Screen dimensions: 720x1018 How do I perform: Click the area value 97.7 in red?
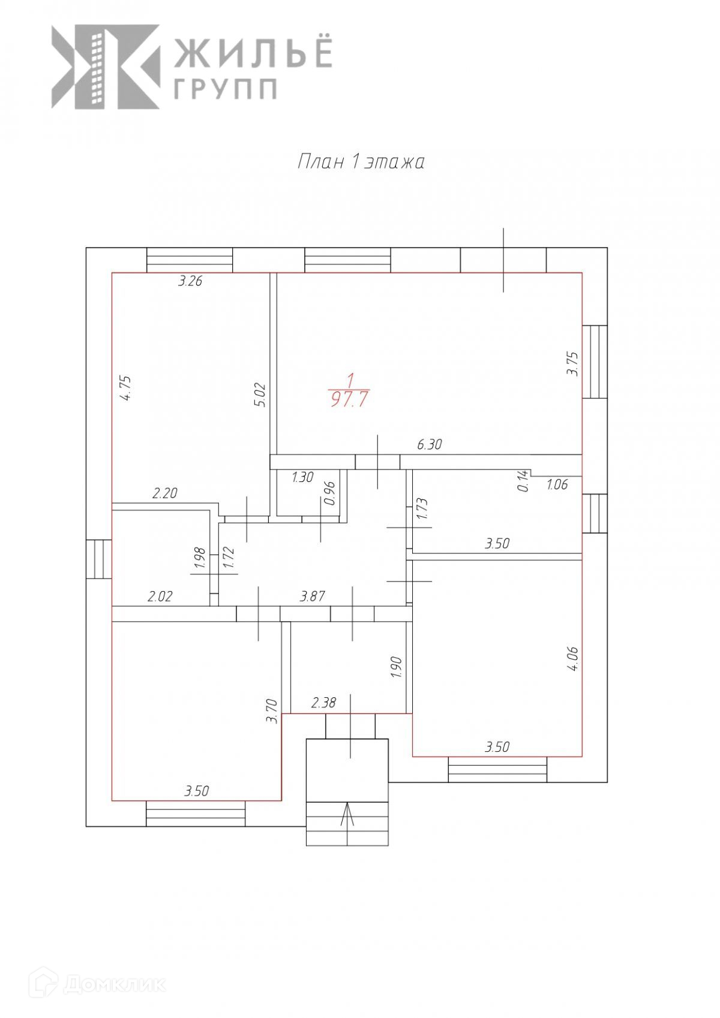[x=349, y=399]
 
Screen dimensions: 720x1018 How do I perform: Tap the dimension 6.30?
[x=429, y=444]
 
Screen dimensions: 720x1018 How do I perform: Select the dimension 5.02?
[x=260, y=395]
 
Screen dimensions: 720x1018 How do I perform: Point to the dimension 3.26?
[x=190, y=281]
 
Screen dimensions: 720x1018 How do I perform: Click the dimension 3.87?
[x=312, y=596]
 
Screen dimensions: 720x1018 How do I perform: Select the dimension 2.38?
[x=323, y=703]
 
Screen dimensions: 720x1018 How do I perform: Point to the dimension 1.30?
[x=302, y=477]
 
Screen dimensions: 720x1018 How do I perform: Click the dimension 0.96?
[x=328, y=493]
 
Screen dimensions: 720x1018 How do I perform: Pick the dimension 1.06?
[x=557, y=484]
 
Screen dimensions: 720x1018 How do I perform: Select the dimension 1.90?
[x=395, y=667]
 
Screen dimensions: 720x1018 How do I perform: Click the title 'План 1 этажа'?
[x=361, y=162]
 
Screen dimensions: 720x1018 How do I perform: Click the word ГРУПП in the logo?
[x=225, y=89]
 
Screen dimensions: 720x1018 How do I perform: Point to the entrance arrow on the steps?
[x=347, y=818]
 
